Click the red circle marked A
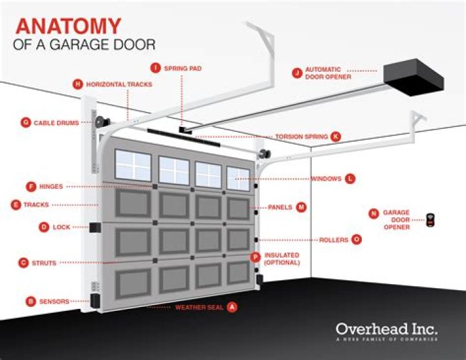pyautogui.click(x=232, y=307)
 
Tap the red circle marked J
pyautogui.click(x=297, y=73)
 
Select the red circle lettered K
pyautogui.click(x=335, y=137)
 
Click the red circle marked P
pyautogui.click(x=256, y=256)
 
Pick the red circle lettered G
pyautogui.click(x=26, y=122)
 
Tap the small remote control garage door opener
pyautogui.click(x=431, y=221)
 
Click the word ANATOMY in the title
pyautogui.click(x=68, y=27)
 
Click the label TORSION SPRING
pyautogui.click(x=302, y=137)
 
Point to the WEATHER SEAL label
pyautogui.click(x=199, y=307)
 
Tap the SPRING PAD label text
pyautogui.click(x=183, y=67)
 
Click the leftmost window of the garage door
pyautogui.click(x=133, y=164)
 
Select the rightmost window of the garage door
pyautogui.click(x=238, y=179)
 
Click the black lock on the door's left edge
pyautogui.click(x=94, y=227)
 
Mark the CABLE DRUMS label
pyautogui.click(x=56, y=122)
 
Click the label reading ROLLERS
pyautogui.click(x=334, y=240)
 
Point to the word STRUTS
pyautogui.click(x=44, y=263)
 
